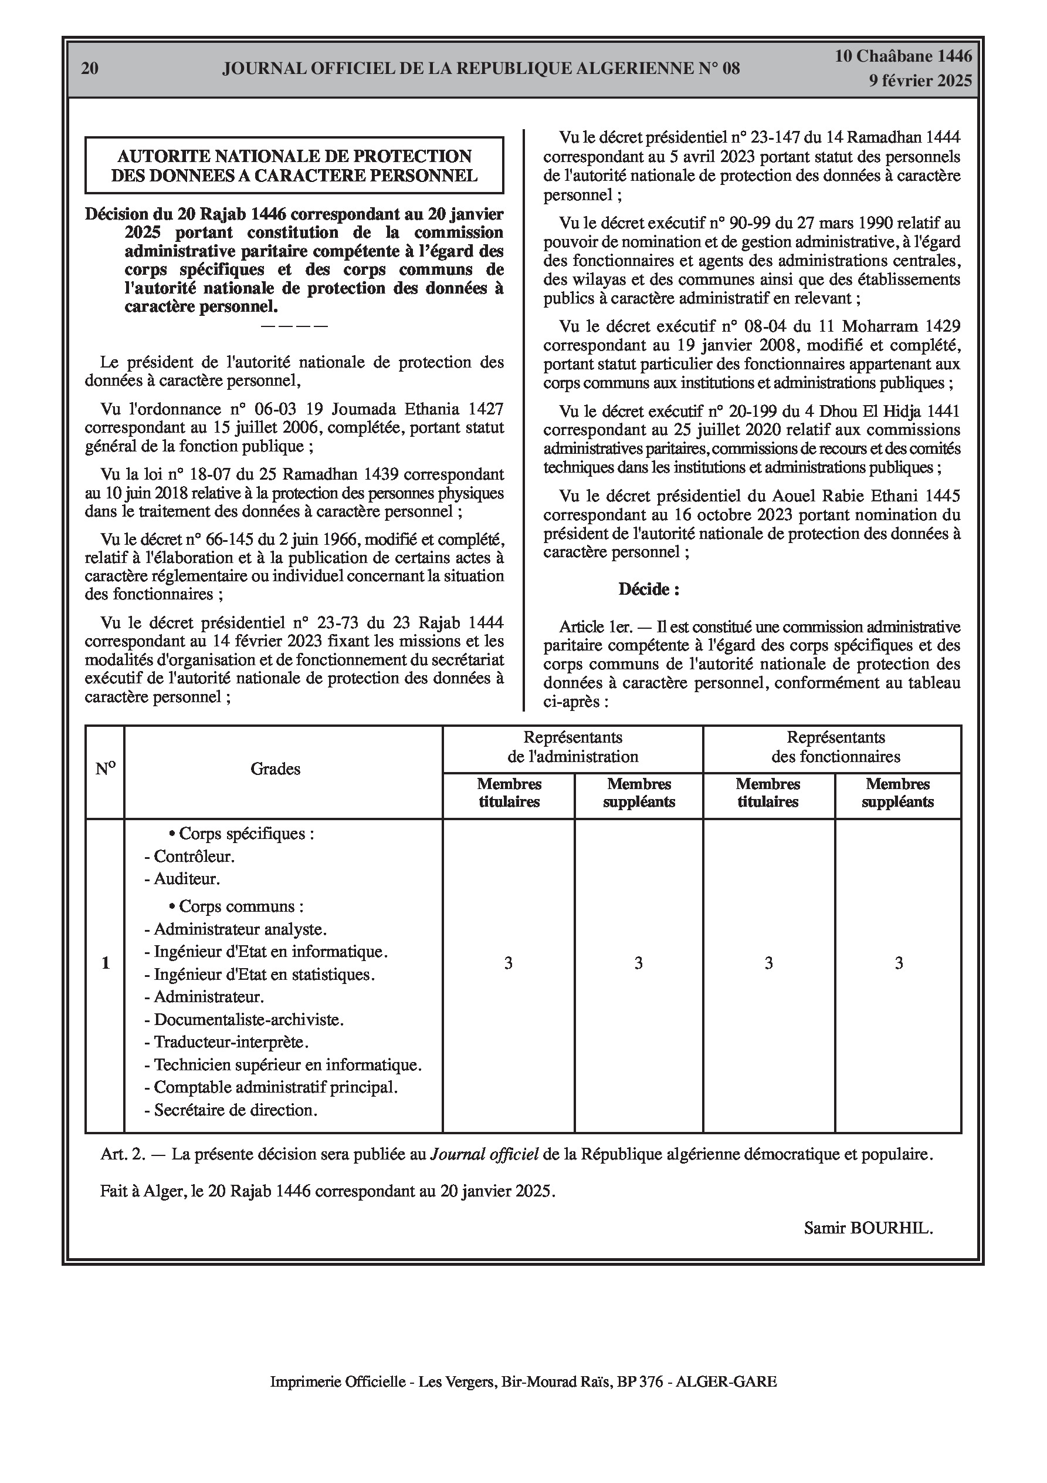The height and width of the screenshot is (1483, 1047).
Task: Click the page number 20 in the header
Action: tap(90, 69)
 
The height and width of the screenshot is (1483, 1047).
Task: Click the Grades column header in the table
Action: tap(276, 769)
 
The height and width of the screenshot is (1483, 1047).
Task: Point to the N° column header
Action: tap(105, 769)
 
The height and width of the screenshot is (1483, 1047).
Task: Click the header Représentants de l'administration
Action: tap(572, 747)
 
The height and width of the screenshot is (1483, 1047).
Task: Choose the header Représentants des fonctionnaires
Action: tap(835, 747)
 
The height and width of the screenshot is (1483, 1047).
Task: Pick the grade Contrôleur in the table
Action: tap(194, 857)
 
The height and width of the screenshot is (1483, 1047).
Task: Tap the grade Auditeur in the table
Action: tap(187, 878)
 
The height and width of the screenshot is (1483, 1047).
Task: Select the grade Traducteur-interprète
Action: tap(231, 1042)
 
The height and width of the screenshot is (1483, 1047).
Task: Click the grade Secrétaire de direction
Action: tap(236, 1110)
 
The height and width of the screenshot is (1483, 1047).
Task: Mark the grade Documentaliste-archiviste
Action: tap(249, 1019)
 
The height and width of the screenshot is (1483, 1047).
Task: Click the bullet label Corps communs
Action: tap(240, 906)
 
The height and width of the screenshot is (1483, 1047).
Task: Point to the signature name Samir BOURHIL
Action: tap(868, 1228)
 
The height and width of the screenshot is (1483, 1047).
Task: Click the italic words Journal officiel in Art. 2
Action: tap(484, 1154)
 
